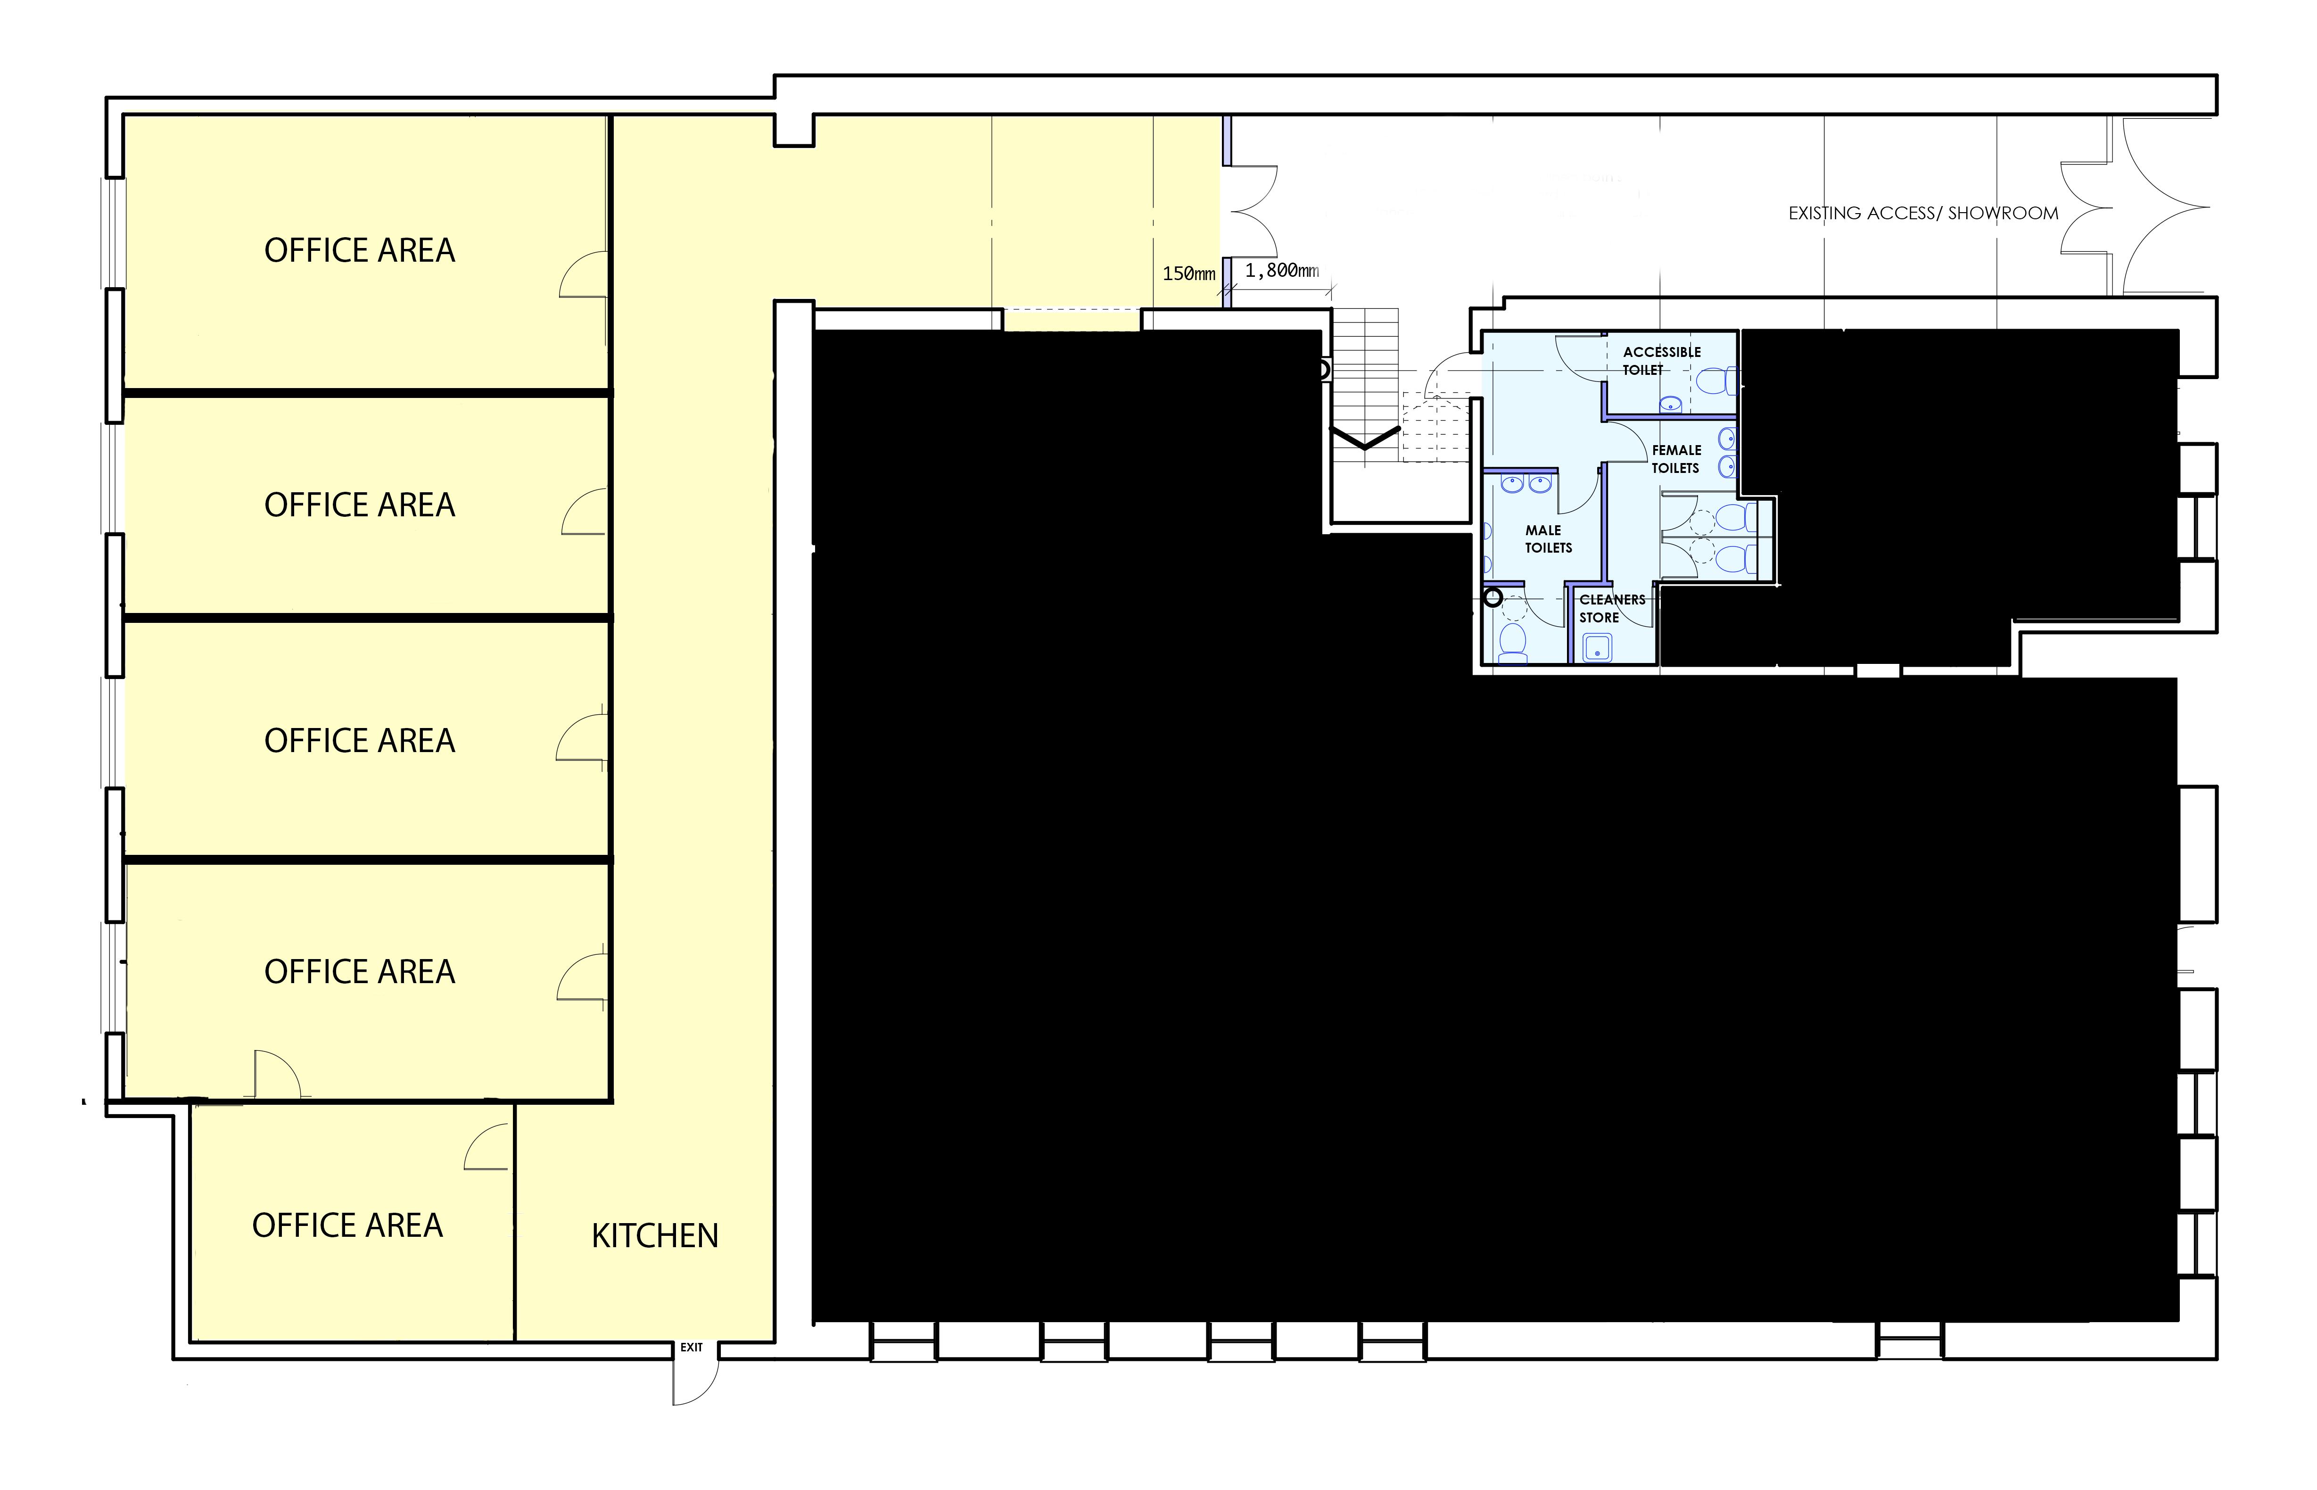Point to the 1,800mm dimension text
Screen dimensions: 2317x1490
point(1281,271)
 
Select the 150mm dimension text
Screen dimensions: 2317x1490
point(1188,274)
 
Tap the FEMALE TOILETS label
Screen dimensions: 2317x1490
point(1676,459)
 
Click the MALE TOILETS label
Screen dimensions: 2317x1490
point(1548,539)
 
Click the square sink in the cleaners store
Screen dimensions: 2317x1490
point(1598,647)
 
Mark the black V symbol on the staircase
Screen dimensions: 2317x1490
point(1365,439)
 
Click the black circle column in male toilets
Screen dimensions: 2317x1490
point(1493,597)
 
